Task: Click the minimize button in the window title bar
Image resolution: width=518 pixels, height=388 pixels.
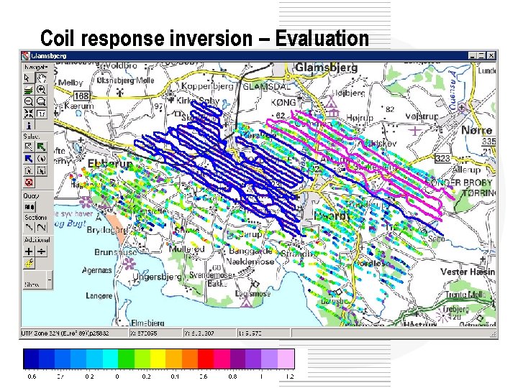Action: point(473,55)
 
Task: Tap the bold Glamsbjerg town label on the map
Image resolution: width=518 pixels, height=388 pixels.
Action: point(327,67)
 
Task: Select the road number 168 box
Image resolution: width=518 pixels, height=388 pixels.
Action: point(81,96)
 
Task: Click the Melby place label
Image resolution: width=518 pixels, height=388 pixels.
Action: point(71,83)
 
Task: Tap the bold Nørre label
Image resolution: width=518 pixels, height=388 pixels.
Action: point(477,130)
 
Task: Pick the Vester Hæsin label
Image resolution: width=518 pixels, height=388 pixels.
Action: point(468,272)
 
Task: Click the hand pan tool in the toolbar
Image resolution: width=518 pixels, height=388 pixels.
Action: point(42,77)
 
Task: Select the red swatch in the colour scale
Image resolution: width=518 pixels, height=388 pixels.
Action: point(205,358)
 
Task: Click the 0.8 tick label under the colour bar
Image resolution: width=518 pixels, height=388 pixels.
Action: point(232,376)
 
